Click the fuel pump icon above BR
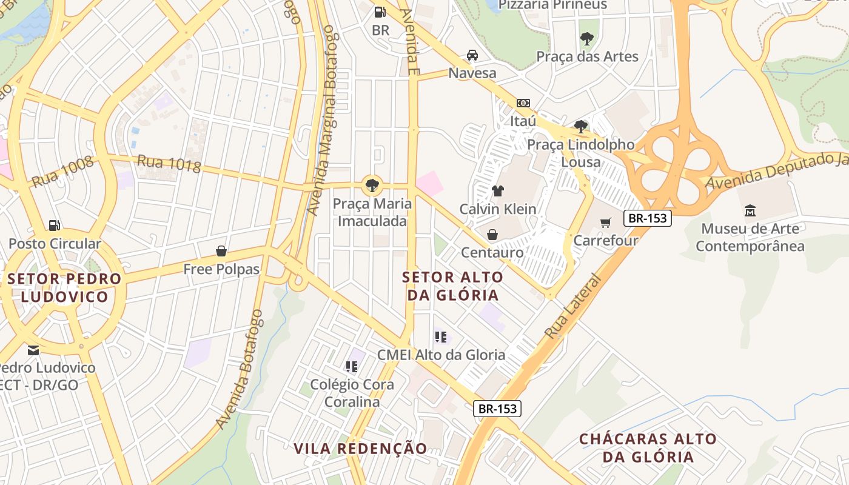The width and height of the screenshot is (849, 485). [380, 12]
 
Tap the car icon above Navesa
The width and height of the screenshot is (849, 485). [472, 55]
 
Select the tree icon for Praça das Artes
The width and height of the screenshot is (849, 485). [586, 39]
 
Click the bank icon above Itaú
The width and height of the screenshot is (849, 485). [523, 103]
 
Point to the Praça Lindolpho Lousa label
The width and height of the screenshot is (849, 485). [581, 153]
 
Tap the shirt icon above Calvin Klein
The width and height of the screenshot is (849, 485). [498, 191]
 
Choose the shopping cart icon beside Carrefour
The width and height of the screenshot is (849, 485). [605, 222]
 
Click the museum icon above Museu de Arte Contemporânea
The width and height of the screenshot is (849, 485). [750, 211]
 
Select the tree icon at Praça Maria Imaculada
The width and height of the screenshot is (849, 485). [372, 186]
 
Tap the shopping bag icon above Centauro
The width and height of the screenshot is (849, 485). [492, 235]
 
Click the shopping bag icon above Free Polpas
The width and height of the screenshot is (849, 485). [221, 251]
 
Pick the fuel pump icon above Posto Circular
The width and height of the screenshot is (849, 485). [55, 226]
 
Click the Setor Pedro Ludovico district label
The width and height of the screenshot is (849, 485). [64, 288]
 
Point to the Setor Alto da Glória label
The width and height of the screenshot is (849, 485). [453, 286]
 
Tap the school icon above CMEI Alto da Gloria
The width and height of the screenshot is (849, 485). [441, 337]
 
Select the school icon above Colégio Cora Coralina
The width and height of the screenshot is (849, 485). [351, 366]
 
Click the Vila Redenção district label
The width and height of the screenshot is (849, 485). [361, 449]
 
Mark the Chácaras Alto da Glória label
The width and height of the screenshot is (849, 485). [648, 448]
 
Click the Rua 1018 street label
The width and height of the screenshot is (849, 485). [169, 164]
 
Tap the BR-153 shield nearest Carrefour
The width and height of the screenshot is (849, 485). [648, 218]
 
